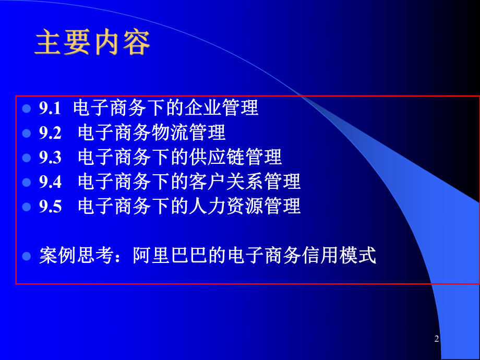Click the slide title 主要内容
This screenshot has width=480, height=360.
[92, 43]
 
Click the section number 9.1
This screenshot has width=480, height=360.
[50, 109]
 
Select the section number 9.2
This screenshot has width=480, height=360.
[50, 133]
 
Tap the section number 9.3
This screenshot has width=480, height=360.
[50, 158]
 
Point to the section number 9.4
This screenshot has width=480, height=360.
[50, 182]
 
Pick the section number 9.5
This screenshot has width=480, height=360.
[50, 207]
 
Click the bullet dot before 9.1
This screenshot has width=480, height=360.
[27, 109]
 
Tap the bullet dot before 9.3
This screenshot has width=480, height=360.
[27, 158]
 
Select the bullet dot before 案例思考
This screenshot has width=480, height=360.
[27, 256]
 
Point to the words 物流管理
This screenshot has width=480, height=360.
[188, 133]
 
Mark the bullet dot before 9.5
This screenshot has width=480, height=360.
[27, 207]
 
